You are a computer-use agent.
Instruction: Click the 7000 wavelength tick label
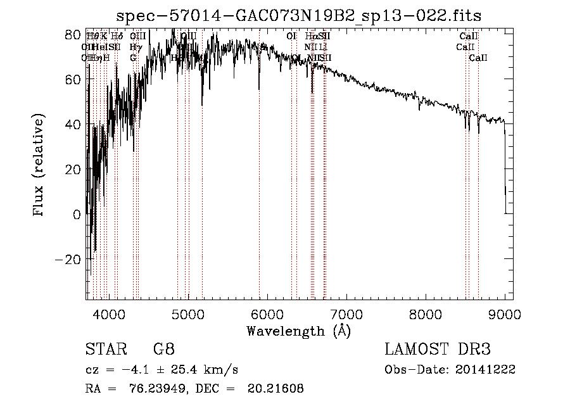[x=346, y=314]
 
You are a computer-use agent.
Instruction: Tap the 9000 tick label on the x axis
[x=504, y=314]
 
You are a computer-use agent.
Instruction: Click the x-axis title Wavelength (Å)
[x=298, y=331]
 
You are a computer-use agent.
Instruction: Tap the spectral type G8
[x=163, y=350]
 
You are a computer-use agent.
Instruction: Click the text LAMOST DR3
[x=437, y=350]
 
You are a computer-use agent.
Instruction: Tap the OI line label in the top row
[x=291, y=37]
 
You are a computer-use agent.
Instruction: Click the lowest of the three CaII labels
[x=478, y=58]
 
